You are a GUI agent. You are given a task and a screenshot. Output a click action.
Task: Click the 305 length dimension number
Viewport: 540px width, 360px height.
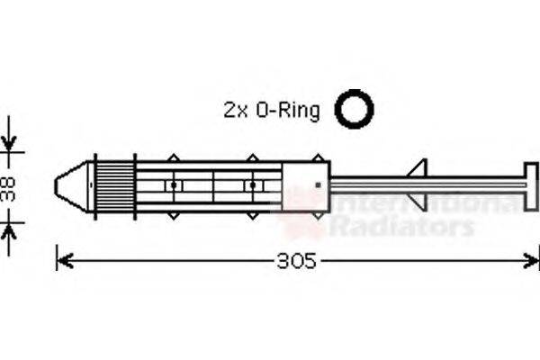click(x=296, y=261)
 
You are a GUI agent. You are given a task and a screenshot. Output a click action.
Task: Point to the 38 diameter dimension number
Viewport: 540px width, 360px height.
click(x=9, y=189)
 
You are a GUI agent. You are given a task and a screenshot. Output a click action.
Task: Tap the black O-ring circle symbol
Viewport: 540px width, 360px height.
click(x=354, y=109)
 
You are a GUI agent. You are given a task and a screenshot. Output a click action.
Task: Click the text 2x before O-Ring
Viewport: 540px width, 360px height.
click(x=236, y=110)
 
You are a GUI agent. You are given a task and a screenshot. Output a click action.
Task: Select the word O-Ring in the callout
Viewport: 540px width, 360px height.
click(x=288, y=111)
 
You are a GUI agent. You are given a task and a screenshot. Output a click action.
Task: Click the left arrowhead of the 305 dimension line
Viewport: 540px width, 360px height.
click(x=65, y=261)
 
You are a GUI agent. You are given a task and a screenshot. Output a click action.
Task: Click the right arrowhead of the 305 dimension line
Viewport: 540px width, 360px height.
click(x=531, y=261)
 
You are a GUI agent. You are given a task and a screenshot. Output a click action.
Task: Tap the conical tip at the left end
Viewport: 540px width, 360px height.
click(x=71, y=186)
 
